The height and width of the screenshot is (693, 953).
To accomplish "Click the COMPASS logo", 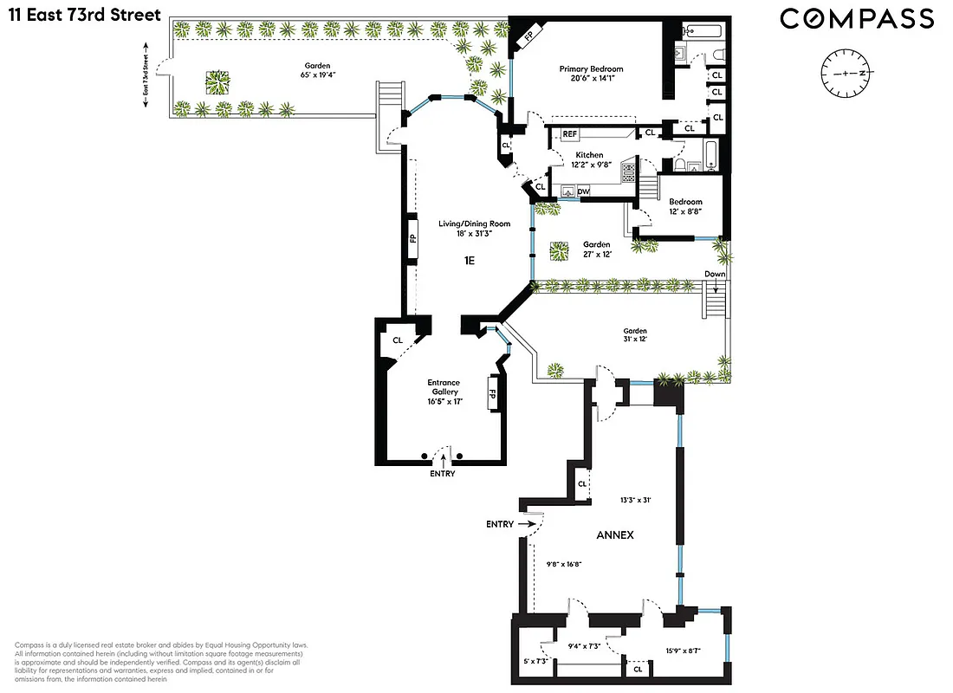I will tap(857, 18).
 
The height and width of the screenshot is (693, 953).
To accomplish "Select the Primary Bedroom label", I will tap(591, 69).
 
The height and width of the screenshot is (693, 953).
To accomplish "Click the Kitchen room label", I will tap(589, 155).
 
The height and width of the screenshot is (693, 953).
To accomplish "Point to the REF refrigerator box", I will tap(569, 134).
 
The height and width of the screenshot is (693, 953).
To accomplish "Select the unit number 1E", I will tap(470, 258).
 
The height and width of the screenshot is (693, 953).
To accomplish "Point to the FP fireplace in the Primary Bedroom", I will tap(528, 37).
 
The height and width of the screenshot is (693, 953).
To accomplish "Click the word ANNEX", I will tap(614, 534).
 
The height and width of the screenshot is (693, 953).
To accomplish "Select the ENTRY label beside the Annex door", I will tap(500, 524).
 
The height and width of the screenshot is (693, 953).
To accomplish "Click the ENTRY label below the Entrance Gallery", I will tap(441, 474).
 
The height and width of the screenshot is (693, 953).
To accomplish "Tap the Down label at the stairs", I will tap(715, 274).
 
